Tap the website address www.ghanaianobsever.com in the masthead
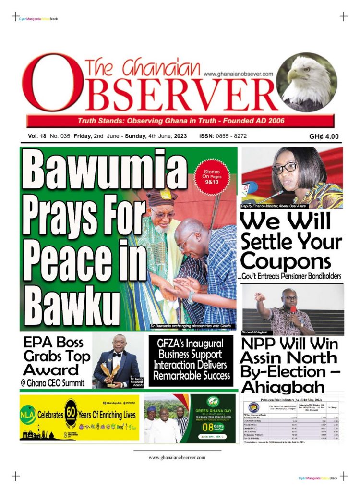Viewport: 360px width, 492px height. [238, 74]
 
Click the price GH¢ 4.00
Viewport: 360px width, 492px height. [324, 136]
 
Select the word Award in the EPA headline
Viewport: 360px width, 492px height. [52, 370]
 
